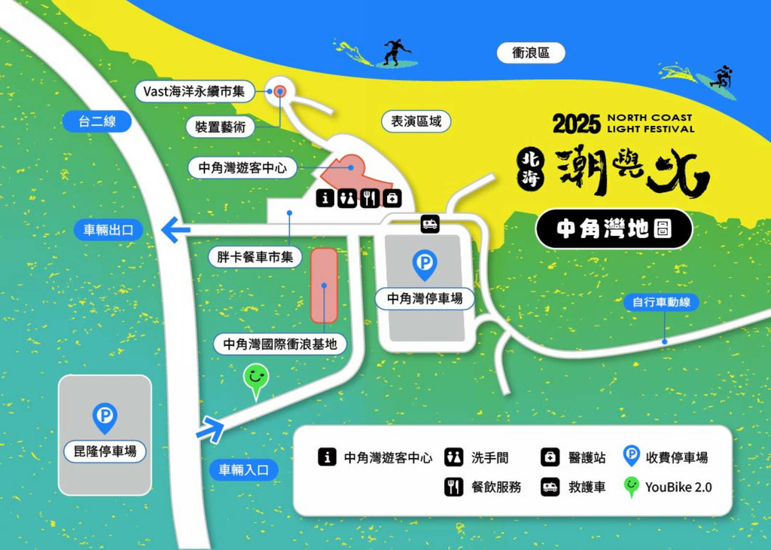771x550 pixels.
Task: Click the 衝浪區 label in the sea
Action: (x=531, y=53)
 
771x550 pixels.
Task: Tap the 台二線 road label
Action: (x=98, y=121)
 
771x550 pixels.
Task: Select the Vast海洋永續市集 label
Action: (x=195, y=91)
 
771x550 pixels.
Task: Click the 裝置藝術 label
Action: (x=220, y=127)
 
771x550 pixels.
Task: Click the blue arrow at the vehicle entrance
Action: (x=211, y=430)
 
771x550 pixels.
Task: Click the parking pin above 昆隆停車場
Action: (x=105, y=417)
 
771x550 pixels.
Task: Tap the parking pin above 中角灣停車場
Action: (x=425, y=264)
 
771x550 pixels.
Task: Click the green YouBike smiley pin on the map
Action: (x=256, y=379)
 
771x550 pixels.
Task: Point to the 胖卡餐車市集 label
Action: (x=254, y=258)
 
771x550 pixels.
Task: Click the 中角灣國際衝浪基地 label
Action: (x=280, y=344)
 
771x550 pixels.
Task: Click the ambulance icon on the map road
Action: (x=430, y=224)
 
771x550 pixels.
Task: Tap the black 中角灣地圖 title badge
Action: (x=614, y=229)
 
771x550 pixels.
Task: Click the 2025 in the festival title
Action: (x=576, y=124)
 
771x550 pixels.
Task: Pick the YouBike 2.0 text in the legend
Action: (x=678, y=487)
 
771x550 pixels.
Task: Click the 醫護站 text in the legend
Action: (x=586, y=457)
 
